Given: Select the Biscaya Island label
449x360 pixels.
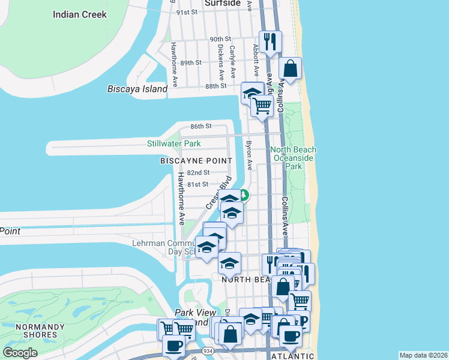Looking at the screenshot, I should (137, 89).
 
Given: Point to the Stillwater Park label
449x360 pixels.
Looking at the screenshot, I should (174, 144).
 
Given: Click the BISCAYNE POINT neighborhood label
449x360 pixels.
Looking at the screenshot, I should (196, 161).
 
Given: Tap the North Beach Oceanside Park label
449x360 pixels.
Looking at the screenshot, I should (294, 158).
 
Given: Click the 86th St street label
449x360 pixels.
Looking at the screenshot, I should (201, 127).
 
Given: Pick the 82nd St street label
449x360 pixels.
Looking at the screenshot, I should (197, 173).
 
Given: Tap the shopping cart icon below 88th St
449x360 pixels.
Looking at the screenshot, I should (262, 106).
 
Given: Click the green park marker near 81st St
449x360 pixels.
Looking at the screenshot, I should (245, 194).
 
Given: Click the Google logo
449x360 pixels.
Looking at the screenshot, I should (20, 352).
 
